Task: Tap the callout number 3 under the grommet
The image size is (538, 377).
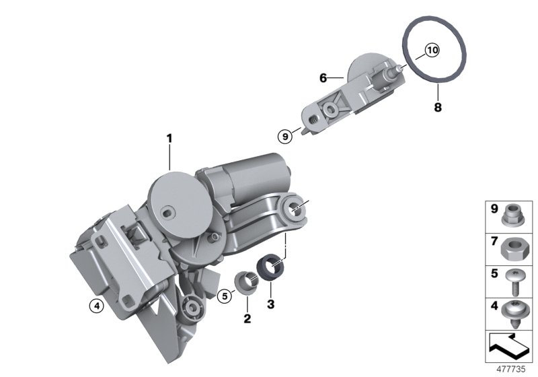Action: [271, 305]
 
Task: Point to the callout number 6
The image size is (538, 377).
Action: [323, 78]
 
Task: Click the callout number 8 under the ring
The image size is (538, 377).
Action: [437, 106]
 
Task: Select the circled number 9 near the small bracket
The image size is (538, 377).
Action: [286, 135]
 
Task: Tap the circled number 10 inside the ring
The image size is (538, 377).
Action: [431, 50]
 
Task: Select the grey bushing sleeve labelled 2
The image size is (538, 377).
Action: [247, 281]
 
